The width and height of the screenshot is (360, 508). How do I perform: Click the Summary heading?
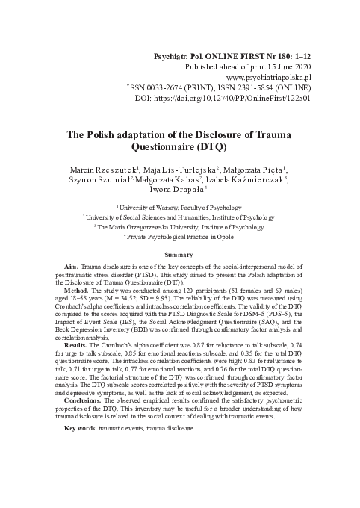179,256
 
